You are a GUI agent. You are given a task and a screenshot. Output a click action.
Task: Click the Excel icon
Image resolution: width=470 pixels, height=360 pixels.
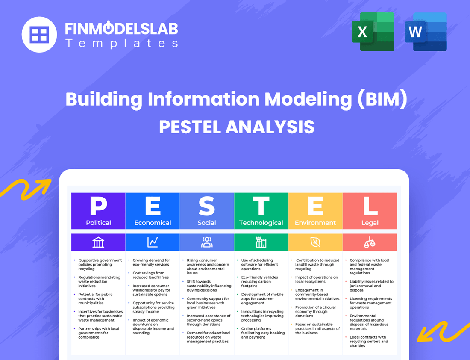click(x=373, y=32)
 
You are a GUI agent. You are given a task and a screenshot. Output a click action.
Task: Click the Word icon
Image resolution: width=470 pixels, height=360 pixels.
click(x=426, y=32)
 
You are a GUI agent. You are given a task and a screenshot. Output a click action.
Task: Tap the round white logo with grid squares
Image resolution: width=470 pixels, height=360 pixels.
click(x=39, y=34)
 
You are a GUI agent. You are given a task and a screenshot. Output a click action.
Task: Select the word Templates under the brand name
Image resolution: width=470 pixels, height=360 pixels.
click(x=121, y=43)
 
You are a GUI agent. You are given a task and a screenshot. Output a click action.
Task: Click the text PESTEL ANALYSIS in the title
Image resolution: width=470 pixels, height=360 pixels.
click(x=236, y=127)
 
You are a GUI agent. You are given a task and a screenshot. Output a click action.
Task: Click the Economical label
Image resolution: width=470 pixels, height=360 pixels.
click(x=153, y=223)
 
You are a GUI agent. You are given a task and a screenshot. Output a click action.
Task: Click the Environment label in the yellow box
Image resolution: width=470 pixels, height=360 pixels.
click(x=315, y=223)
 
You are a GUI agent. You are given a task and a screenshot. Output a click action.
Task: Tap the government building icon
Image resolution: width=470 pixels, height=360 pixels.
click(x=98, y=242)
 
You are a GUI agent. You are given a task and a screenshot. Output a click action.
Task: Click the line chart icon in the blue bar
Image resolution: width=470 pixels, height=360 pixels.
click(x=153, y=242)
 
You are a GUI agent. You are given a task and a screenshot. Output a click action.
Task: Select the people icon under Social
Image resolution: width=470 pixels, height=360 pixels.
click(x=207, y=242)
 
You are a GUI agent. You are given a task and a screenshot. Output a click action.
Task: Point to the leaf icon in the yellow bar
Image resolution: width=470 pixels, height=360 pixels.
click(x=315, y=242)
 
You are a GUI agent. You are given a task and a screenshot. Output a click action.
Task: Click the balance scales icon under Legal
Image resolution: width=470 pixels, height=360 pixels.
click(x=370, y=242)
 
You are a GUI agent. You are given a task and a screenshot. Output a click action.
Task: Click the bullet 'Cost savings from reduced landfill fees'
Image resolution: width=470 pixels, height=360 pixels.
click(x=148, y=275)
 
